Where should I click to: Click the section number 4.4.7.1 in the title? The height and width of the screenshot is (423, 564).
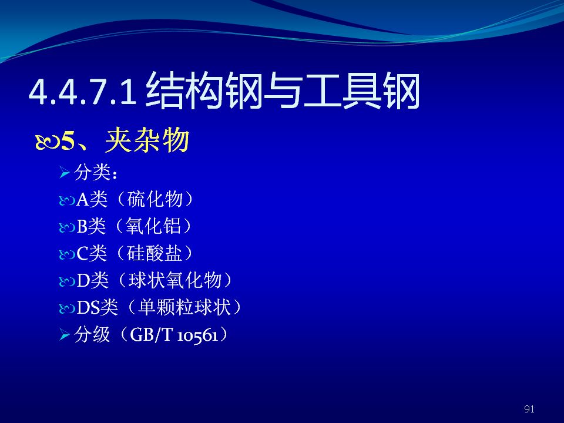click(83, 92)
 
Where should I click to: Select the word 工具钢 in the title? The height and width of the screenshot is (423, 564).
click(361, 90)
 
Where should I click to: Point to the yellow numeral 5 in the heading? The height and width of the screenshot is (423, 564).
click(68, 140)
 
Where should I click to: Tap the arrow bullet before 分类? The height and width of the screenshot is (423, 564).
click(65, 173)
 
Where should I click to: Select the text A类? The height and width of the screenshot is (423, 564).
click(92, 199)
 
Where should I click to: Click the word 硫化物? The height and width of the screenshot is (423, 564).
click(155, 199)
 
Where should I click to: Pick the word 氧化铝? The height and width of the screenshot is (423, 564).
click(153, 226)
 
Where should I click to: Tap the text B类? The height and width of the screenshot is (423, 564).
click(92, 226)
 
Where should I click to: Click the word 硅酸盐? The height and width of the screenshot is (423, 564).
click(155, 253)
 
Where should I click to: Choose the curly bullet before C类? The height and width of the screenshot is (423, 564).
click(66, 254)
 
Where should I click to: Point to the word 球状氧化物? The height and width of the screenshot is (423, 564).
click(175, 280)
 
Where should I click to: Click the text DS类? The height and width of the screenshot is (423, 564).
click(98, 307)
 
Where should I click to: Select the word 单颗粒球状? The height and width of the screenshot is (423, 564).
click(184, 307)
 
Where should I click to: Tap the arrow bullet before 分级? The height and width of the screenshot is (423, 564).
click(65, 335)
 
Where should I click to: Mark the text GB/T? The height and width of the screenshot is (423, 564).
click(152, 334)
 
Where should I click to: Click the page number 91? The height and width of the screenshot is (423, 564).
click(529, 409)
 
